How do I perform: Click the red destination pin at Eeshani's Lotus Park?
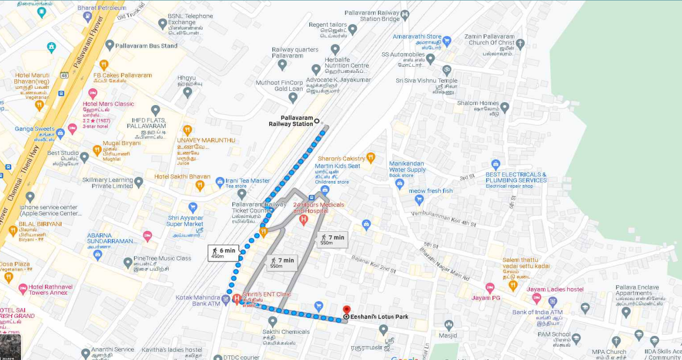[347, 310]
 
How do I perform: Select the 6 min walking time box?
[223, 253]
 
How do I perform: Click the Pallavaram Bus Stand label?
[146, 46]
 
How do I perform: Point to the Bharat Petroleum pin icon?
[87, 17]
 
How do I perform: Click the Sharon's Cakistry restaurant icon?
[371, 158]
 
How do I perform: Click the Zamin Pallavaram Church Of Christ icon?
[520, 44]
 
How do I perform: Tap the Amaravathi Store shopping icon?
[447, 41]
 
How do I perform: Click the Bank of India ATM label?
[537, 312]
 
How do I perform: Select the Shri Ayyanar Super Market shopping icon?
[193, 208]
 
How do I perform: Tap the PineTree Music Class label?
[162, 258]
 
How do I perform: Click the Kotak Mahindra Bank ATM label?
[198, 301]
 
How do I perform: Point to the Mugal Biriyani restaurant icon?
[97, 150]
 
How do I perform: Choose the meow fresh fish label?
[431, 191]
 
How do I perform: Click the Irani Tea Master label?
[248, 181]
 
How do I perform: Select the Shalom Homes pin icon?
[505, 108]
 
